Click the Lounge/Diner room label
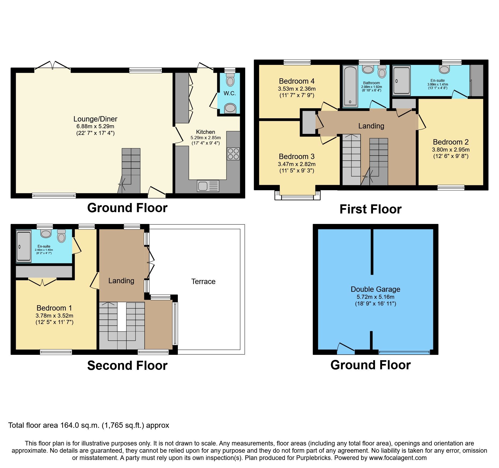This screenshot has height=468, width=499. point(95,119)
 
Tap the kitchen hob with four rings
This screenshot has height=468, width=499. point(233,154)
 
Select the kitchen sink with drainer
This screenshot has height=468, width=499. point(208,186)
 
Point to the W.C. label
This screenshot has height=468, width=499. point(230,93)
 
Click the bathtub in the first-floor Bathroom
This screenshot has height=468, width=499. point(350,86)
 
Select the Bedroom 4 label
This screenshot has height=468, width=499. point(296,81)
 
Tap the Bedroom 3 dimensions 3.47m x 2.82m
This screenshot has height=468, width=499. point(296,164)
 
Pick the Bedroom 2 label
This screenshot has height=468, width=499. point(450,142)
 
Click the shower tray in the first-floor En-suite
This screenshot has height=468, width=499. point(401,80)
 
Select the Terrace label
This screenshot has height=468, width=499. point(203,281)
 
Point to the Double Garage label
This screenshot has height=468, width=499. point(375,289)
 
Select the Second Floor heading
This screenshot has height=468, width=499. point(127,366)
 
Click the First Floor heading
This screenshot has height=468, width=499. point(370,209)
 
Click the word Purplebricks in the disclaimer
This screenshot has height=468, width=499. point(313,458)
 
